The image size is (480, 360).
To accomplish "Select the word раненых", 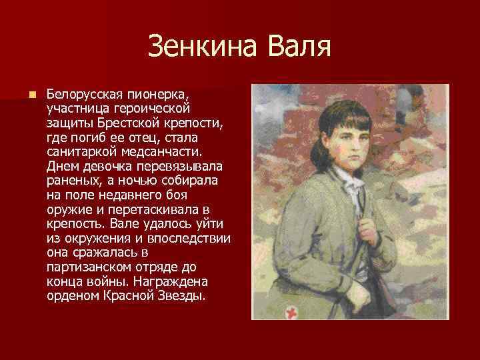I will click(71, 182).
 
